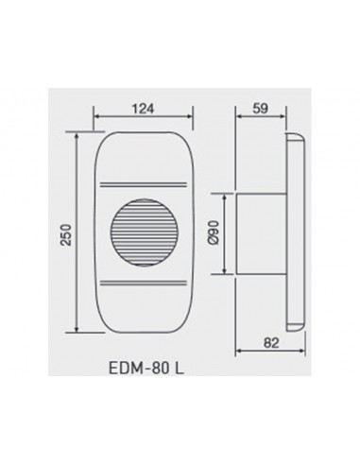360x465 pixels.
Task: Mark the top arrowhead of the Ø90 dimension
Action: pos(224,196)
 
